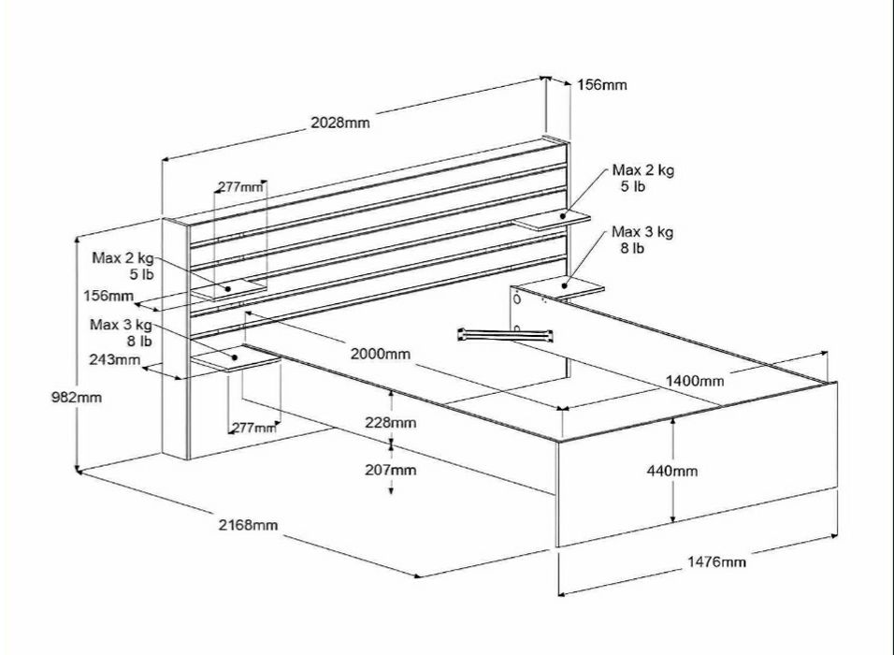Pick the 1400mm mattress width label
[x=696, y=381]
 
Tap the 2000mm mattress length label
[x=381, y=354]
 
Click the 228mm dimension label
[x=391, y=423]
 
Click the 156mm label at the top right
[x=601, y=84]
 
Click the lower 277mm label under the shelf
[x=252, y=428]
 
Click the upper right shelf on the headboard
[x=553, y=221]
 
